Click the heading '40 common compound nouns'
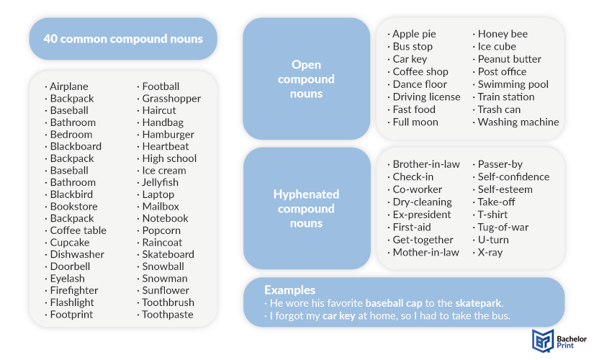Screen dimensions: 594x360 [x=123, y=39]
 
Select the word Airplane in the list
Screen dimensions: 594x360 [x=69, y=86]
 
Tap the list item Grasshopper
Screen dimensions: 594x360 [x=171, y=99]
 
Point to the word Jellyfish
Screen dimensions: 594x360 [x=160, y=182]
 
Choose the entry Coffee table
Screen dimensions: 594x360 [x=78, y=230]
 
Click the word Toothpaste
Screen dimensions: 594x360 [x=168, y=315]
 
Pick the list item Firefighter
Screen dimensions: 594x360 [x=74, y=290]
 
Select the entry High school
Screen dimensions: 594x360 [x=169, y=158]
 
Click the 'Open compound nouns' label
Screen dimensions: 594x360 [x=306, y=78]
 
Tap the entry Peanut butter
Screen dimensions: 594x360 [x=510, y=59]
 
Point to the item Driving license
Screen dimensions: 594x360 [x=426, y=97]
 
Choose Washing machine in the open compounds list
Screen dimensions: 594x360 [x=518, y=122]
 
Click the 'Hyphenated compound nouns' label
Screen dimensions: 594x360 [x=306, y=208]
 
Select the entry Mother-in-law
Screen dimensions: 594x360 [x=426, y=253]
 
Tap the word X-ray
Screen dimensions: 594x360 [x=490, y=253]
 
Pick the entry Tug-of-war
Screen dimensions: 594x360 [x=503, y=228]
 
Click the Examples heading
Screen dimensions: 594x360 [x=290, y=290]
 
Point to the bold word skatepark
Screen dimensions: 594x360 [x=479, y=303]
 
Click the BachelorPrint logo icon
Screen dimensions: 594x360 [x=543, y=341]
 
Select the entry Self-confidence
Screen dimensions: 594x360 [x=513, y=176]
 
